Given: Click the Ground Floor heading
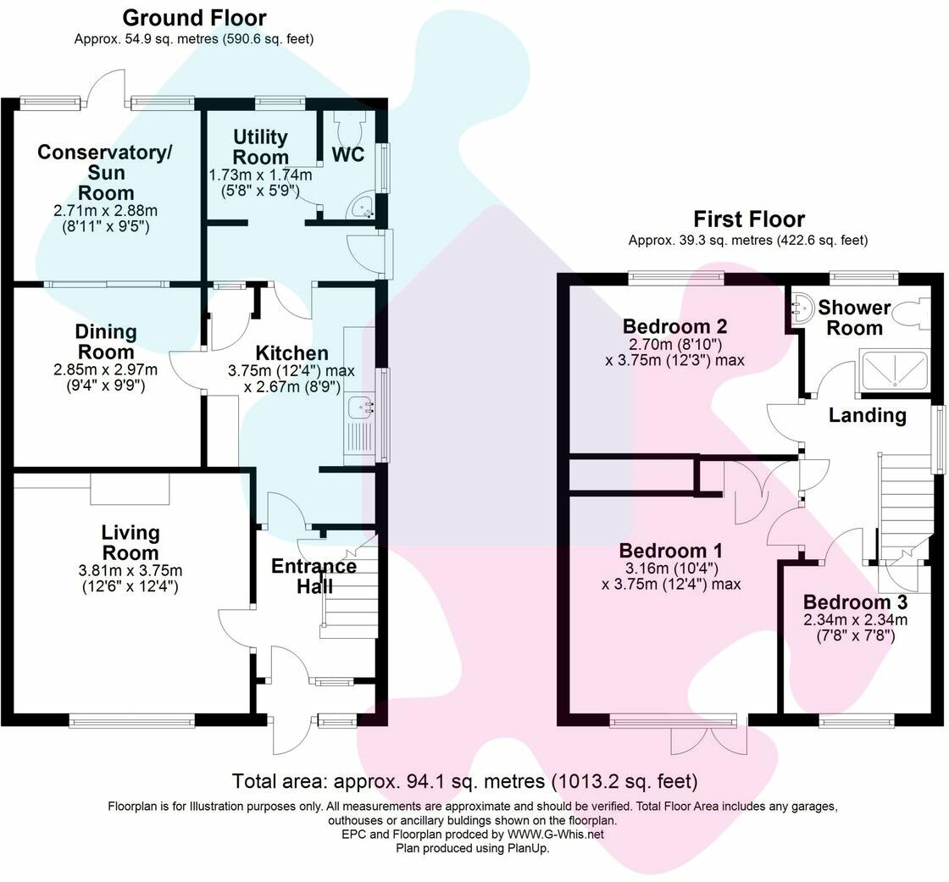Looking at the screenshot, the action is point(194,18).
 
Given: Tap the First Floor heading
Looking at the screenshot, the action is point(749,219).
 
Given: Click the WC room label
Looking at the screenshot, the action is point(348,154).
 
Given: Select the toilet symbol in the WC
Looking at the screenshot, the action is point(348,126).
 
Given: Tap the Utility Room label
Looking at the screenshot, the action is point(260,147).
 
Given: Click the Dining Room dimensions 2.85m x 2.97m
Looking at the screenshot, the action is point(105,369).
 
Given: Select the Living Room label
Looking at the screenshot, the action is point(130,543).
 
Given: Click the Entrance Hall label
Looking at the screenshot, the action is point(314,575).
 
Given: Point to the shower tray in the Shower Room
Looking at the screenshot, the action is point(894,369).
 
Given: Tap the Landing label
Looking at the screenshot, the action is point(868,415).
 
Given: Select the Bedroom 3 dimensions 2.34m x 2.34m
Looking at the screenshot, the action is point(855,620).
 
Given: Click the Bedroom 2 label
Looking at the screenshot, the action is point(674,326).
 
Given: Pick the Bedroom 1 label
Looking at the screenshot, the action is point(671,551).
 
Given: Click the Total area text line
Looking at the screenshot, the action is point(465,781).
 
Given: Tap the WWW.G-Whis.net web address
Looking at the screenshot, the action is point(555,835).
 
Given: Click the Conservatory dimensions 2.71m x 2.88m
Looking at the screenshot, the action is point(105,211).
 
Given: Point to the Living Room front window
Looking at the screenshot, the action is point(132,720).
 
